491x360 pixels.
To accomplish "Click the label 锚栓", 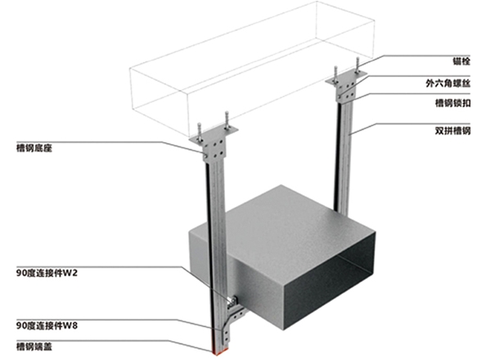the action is click(462, 61).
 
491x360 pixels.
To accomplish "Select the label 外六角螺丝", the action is click(448, 83).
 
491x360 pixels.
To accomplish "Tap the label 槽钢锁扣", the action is click(453, 102).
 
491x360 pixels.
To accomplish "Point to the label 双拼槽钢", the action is click(453, 131).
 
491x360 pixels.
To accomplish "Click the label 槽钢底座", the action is click(34, 148).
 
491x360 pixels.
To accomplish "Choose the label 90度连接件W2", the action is click(47, 273).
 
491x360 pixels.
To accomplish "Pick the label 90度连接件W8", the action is click(47, 326).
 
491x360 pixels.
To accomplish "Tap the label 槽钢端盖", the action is click(34, 347).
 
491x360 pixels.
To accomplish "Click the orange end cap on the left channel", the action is click(220, 352).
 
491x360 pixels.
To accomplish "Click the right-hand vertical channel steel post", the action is click(345, 156).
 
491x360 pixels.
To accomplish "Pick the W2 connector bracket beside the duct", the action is click(232, 300).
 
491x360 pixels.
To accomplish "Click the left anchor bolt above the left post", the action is click(199, 131).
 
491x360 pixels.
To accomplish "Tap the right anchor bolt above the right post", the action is click(357, 65).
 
